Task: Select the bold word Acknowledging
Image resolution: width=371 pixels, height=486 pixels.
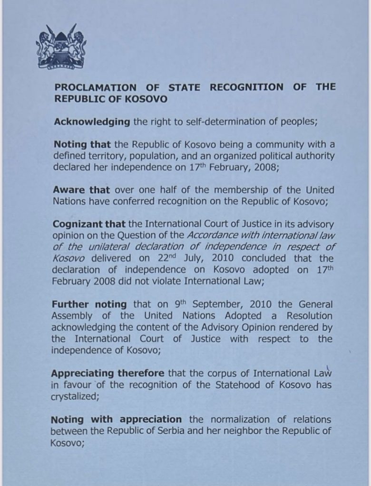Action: [x=92, y=121]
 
